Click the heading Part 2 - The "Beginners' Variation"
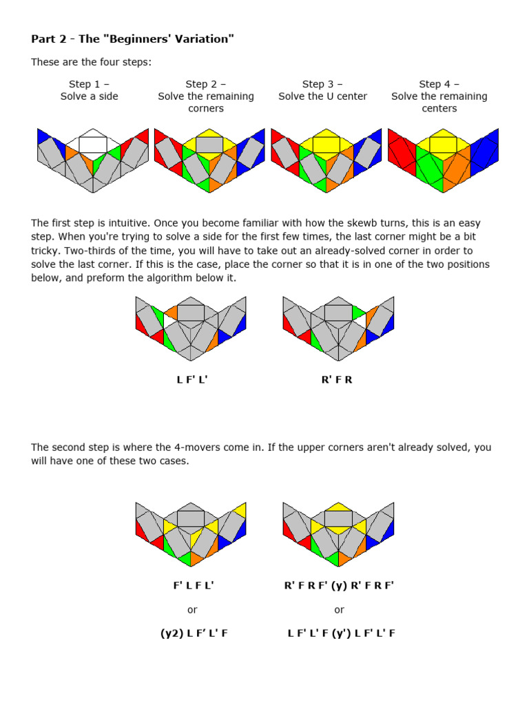point(132,39)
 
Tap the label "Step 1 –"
point(89,84)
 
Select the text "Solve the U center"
point(322,96)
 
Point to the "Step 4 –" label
point(439,84)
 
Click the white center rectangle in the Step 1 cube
point(92,145)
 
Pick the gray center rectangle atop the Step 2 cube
point(209,145)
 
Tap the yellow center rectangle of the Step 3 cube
point(326,145)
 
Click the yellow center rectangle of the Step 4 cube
point(443,145)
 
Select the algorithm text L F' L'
point(191,379)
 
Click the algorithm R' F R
point(337,379)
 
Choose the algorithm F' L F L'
point(193,585)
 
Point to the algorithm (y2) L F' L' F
point(194,633)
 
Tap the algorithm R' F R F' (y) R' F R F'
point(339,585)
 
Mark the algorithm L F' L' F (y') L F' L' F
point(341,633)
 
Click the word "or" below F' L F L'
point(192,609)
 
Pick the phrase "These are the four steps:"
point(91,63)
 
